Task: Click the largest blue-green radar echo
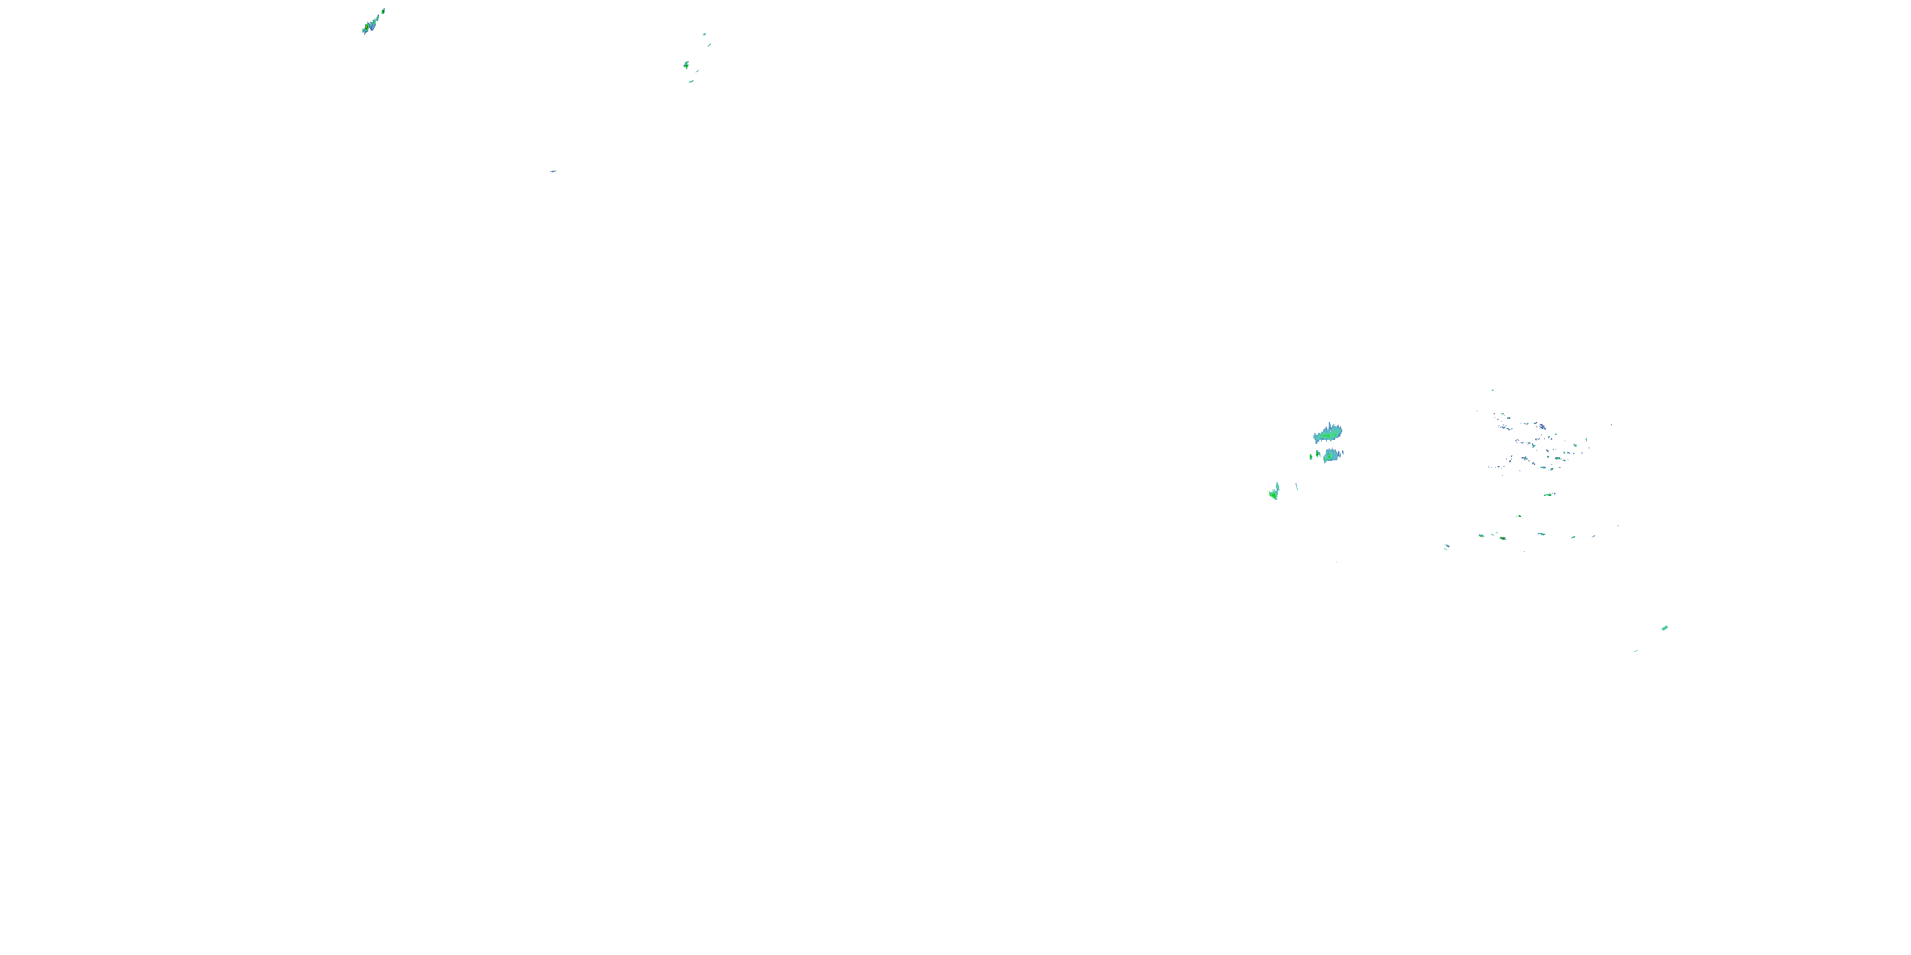coord(1328,432)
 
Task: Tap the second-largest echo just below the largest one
coord(1331,455)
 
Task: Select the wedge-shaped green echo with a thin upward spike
coord(1275,492)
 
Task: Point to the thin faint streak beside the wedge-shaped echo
coord(1296,486)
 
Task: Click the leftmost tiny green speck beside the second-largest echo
coord(1311,456)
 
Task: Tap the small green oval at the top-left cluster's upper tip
coord(383,11)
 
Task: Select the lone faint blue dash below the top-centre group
coord(554,171)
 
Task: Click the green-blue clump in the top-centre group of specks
coord(686,64)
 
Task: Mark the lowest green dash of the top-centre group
coord(691,81)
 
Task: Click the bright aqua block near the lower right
coord(1664,628)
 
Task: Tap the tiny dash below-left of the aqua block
coord(1636,651)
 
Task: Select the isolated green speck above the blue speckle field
coord(1492,390)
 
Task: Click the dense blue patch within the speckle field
coord(1542,427)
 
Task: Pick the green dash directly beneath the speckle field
coord(1549,495)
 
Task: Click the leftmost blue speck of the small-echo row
coord(1447,547)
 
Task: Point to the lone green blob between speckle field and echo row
coord(1519,516)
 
